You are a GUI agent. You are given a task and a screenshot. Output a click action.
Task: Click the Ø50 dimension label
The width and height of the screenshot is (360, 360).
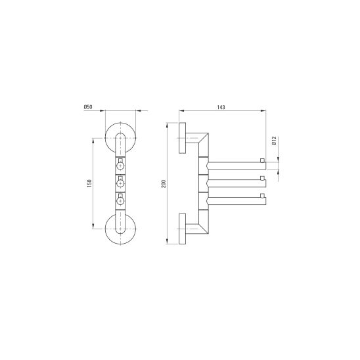[x=88, y=107]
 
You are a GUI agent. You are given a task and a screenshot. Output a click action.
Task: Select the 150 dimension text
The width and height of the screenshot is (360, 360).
[x=89, y=183]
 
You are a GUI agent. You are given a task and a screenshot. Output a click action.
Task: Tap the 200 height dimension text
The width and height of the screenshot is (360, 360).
[x=164, y=184]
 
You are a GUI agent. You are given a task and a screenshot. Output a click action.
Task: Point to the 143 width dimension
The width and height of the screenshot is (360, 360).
[x=221, y=107]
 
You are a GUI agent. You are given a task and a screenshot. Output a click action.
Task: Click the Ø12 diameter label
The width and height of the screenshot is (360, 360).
[x=274, y=141]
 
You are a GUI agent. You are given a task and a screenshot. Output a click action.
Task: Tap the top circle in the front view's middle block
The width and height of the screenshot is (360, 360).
[x=120, y=166]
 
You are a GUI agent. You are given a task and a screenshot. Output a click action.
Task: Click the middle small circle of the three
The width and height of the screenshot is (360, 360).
[x=120, y=183]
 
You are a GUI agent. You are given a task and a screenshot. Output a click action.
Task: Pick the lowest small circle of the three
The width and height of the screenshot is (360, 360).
[x=120, y=201]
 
